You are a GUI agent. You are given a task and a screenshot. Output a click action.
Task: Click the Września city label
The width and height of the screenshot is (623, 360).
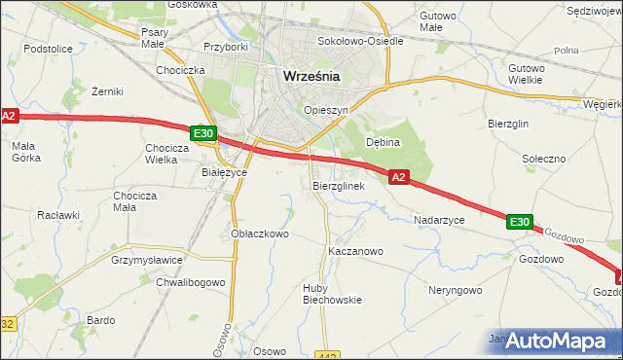point(311,76)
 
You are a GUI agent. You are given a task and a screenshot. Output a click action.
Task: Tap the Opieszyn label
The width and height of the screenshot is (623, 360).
point(326,111)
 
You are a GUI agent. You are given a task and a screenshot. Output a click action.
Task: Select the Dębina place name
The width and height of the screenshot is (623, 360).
point(384,142)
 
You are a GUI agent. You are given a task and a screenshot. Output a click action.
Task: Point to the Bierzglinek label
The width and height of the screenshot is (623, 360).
point(339,185)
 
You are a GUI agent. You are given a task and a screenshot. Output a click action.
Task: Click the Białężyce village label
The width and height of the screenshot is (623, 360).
point(225,172)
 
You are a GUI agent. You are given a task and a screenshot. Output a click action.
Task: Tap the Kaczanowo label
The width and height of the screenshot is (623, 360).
point(355,251)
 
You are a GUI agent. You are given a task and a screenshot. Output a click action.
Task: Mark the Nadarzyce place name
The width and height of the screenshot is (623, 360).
point(439,221)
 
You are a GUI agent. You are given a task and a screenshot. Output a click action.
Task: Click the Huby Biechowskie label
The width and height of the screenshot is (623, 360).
point(332,293)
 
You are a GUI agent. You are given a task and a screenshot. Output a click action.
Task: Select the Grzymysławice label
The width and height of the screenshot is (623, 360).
point(147,261)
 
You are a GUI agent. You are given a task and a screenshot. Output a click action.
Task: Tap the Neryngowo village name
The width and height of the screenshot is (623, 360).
point(455,290)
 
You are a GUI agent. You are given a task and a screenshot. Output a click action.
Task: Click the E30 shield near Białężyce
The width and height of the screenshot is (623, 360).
point(202,133)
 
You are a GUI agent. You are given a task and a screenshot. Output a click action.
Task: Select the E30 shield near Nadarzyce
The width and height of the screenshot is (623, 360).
point(519,223)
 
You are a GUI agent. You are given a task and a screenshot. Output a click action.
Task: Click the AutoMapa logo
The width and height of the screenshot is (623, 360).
point(552,342)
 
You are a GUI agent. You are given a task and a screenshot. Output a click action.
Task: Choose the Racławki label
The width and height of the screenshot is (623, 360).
point(56,214)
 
